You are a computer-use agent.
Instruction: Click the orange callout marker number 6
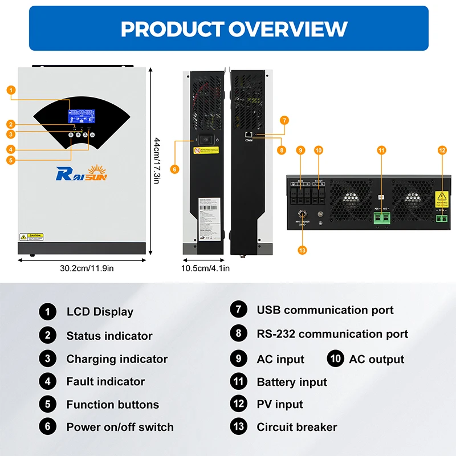point(175,169)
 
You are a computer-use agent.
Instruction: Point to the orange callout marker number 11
point(381,150)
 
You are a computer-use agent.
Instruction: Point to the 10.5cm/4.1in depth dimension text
point(205,268)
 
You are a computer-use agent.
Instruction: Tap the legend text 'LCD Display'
point(100,312)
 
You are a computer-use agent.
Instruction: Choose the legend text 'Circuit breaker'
point(296,427)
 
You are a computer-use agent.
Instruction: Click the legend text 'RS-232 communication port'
point(332,334)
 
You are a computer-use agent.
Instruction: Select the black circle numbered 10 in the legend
point(336,359)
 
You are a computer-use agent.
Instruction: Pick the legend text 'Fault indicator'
point(105,381)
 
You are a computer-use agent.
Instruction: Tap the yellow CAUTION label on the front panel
point(31,236)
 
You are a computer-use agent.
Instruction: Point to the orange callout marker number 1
point(11,90)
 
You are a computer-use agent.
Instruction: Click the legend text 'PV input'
point(279,404)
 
